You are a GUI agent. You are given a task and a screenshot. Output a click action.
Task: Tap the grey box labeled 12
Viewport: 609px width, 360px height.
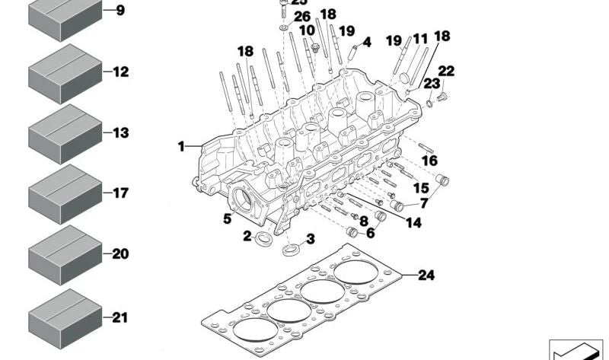[65, 73]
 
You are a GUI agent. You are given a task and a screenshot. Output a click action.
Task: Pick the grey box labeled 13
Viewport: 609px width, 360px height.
[65, 134]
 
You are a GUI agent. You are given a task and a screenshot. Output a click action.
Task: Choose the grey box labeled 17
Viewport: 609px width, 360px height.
[65, 194]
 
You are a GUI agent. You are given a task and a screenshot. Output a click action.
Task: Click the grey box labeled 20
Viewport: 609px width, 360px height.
[65, 254]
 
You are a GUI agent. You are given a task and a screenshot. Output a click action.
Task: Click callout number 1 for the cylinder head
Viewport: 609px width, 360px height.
[182, 145]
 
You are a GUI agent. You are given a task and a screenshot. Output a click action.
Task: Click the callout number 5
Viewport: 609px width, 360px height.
[227, 220]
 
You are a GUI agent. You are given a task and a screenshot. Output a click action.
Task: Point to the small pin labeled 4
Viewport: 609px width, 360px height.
[353, 53]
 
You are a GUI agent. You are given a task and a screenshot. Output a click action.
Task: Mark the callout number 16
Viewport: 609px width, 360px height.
[430, 161]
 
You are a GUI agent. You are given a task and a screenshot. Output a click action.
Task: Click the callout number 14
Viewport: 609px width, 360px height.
[413, 222]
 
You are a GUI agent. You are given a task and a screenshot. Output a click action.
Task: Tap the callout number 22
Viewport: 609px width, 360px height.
[446, 72]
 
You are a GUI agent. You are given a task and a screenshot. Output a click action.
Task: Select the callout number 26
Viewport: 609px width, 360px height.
[301, 16]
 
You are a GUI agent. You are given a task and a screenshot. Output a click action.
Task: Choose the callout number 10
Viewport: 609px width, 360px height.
[306, 30]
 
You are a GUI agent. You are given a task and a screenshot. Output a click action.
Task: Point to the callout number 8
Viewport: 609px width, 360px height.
[363, 221]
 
